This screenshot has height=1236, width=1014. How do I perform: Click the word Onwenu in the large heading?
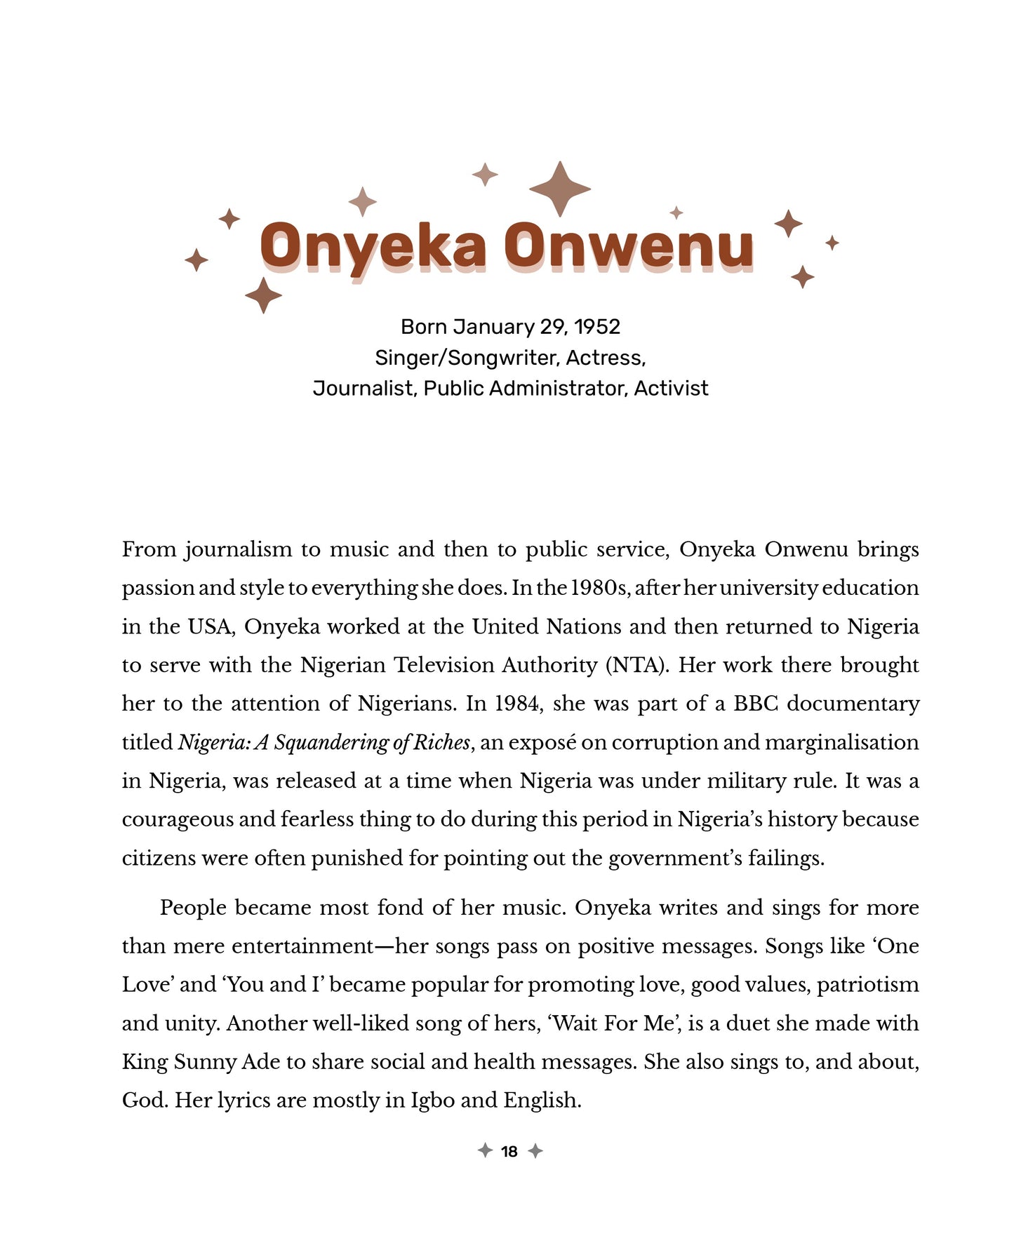628,248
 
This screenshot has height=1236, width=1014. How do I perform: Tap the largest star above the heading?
559,188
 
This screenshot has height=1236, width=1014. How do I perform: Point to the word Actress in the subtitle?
605,358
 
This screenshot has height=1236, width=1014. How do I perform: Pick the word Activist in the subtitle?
671,389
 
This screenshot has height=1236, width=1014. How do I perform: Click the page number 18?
509,1151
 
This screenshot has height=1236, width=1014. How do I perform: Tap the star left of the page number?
485,1150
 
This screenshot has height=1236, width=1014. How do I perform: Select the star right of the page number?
535,1151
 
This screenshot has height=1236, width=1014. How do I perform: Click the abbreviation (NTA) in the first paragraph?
636,665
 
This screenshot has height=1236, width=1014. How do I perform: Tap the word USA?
210,626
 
